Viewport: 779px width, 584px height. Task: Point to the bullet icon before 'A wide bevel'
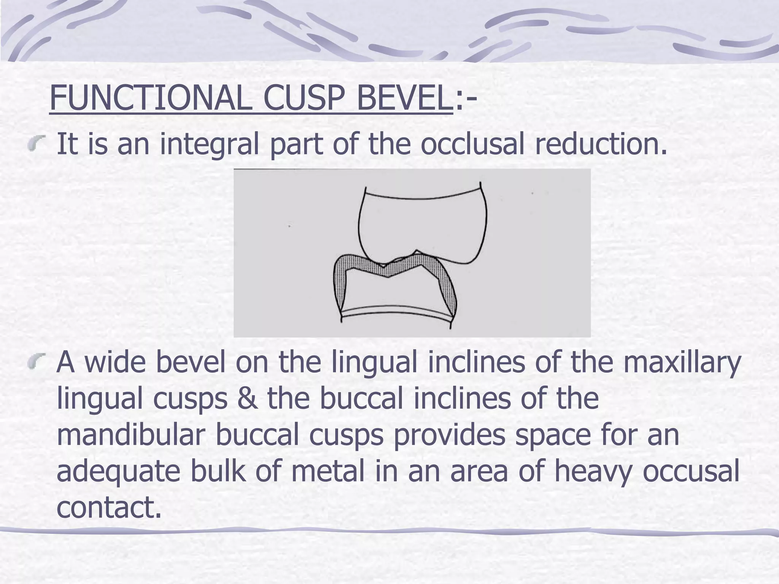[x=37, y=361]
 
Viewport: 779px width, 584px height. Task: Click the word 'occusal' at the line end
[x=691, y=471]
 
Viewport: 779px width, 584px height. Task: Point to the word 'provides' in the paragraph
[x=449, y=435]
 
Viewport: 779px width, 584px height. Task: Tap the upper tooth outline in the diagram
[x=422, y=224]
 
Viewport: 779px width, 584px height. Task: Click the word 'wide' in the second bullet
[x=115, y=362]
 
